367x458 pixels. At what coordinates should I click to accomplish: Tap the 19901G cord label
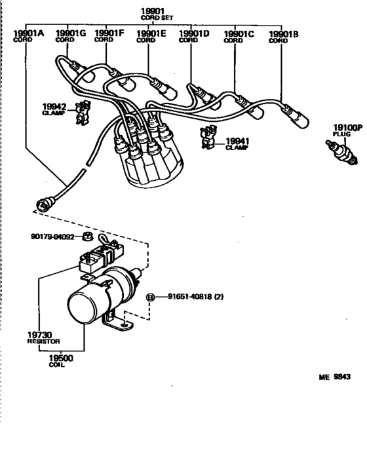click(x=69, y=33)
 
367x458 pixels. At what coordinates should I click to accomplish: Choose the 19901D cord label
click(x=193, y=33)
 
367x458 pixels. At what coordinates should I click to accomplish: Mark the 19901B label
click(x=283, y=33)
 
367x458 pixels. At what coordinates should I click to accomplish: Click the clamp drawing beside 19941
click(x=208, y=137)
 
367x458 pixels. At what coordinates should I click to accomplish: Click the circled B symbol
click(x=149, y=297)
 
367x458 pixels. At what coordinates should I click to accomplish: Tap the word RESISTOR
click(x=43, y=342)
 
